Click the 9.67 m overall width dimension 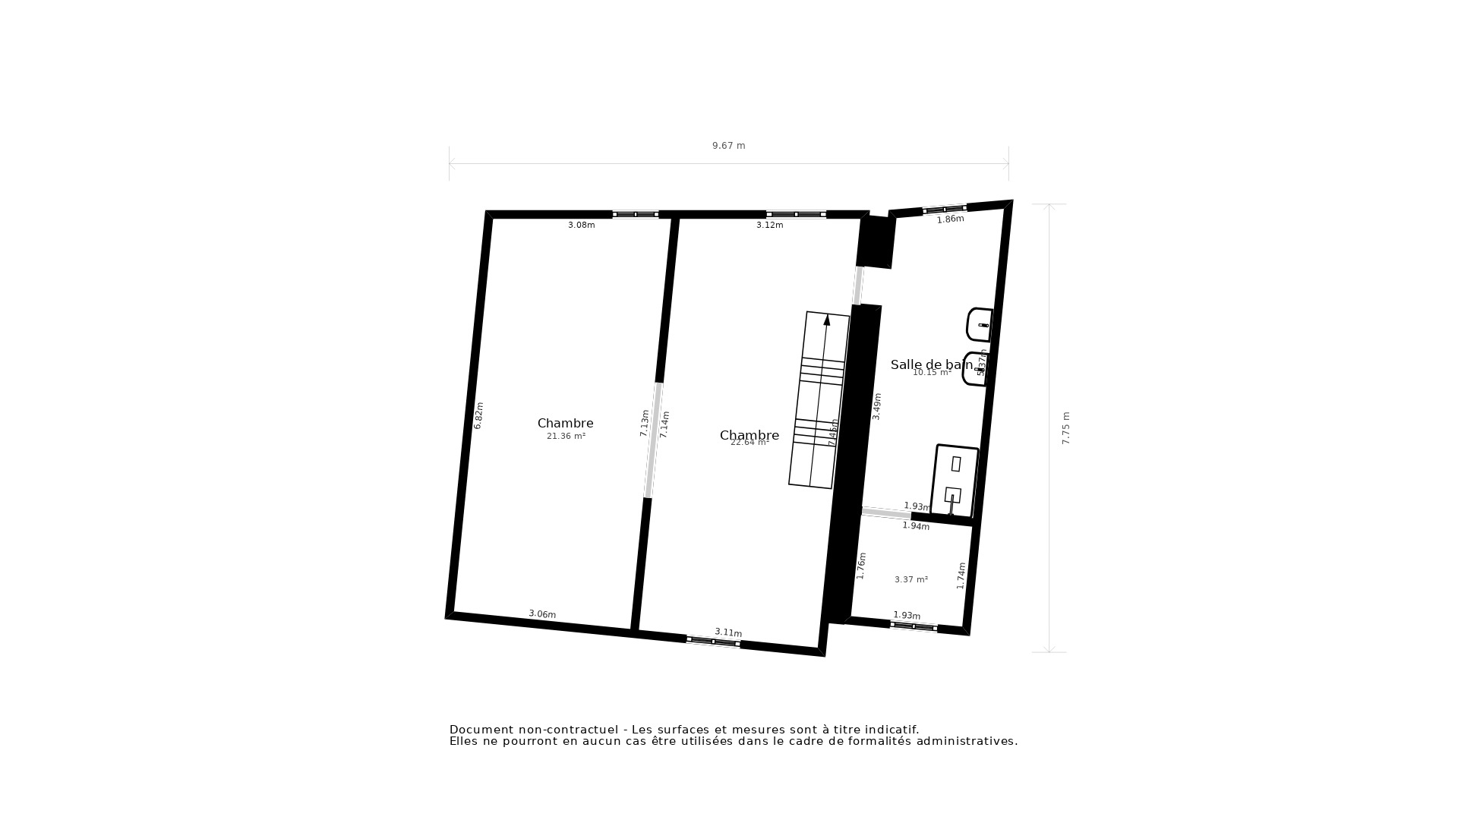(728, 146)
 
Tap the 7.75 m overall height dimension (1065, 428)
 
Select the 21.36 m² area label (566, 437)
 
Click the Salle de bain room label (931, 364)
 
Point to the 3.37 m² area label (910, 580)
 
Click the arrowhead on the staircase (827, 320)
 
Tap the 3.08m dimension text (581, 225)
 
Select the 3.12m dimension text (769, 225)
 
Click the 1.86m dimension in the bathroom (950, 219)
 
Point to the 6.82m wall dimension (478, 416)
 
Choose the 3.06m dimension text (542, 614)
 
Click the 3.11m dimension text (728, 632)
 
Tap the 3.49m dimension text (877, 406)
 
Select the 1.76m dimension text (861, 566)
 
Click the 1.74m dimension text (961, 576)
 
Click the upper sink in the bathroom (980, 325)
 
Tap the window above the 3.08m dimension (636, 214)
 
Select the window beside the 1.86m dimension (945, 209)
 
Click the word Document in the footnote (481, 730)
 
